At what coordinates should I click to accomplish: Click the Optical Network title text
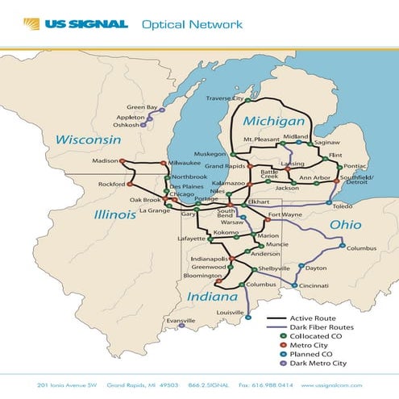coord(192,24)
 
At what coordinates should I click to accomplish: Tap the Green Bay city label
coord(141,107)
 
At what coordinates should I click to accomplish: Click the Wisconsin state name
coord(88,140)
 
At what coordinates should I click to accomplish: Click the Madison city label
coord(105,160)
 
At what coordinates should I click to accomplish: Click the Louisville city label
coord(230,311)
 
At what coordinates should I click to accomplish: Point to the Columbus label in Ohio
coord(362,248)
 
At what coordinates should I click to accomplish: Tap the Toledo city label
coord(343,206)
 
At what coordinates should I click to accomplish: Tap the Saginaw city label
coord(327,142)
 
